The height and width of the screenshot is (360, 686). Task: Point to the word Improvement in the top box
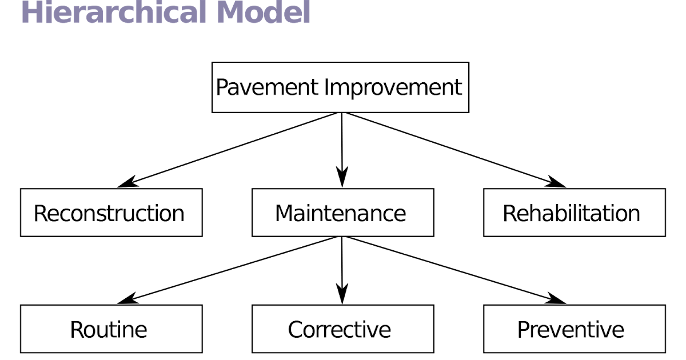click(393, 87)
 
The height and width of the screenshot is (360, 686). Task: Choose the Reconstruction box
click(111, 213)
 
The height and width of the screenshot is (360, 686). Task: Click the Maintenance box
click(342, 213)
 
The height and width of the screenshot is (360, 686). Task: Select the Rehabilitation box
click(574, 213)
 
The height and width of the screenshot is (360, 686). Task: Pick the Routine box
click(111, 329)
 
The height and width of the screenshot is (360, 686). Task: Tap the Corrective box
click(342, 329)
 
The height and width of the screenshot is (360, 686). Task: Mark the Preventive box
click(574, 329)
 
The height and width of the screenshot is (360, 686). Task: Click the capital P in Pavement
click(222, 87)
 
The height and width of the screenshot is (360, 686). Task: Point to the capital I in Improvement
click(327, 87)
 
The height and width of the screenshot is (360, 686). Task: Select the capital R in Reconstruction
click(40, 213)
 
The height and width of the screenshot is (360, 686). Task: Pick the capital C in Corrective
click(296, 330)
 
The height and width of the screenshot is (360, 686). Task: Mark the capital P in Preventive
click(524, 330)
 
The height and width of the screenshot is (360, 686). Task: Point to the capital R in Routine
click(77, 330)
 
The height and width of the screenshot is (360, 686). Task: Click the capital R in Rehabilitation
click(509, 213)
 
